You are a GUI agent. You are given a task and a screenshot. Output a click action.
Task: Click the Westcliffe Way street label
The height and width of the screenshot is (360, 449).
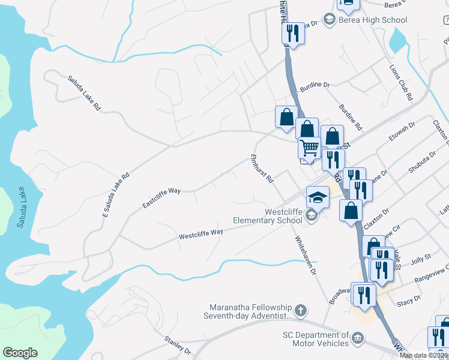201,234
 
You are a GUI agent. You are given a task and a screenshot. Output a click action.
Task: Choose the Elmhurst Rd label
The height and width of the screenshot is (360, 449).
262,170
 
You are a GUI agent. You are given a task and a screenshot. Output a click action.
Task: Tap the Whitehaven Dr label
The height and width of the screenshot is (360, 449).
304,254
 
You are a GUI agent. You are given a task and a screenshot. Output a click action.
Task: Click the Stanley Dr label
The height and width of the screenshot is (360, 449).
177,345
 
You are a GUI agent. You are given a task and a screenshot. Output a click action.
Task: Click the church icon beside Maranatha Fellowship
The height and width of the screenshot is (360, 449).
301,311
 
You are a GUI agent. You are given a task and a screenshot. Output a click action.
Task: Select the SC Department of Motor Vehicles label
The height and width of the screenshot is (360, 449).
316,339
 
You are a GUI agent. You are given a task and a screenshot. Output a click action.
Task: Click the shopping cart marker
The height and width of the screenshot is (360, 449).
310,147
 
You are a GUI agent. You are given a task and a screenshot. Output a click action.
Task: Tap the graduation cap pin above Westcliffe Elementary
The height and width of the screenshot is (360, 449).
318,196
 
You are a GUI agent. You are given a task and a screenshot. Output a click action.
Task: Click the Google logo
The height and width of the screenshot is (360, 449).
20,353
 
